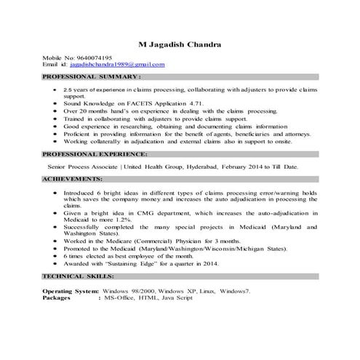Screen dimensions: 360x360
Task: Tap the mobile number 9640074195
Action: pos(92,57)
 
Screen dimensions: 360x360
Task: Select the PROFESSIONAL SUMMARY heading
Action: pos(92,76)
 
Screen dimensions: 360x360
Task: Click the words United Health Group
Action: pos(153,167)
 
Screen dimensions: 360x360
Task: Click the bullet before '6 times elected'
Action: pos(55,257)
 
